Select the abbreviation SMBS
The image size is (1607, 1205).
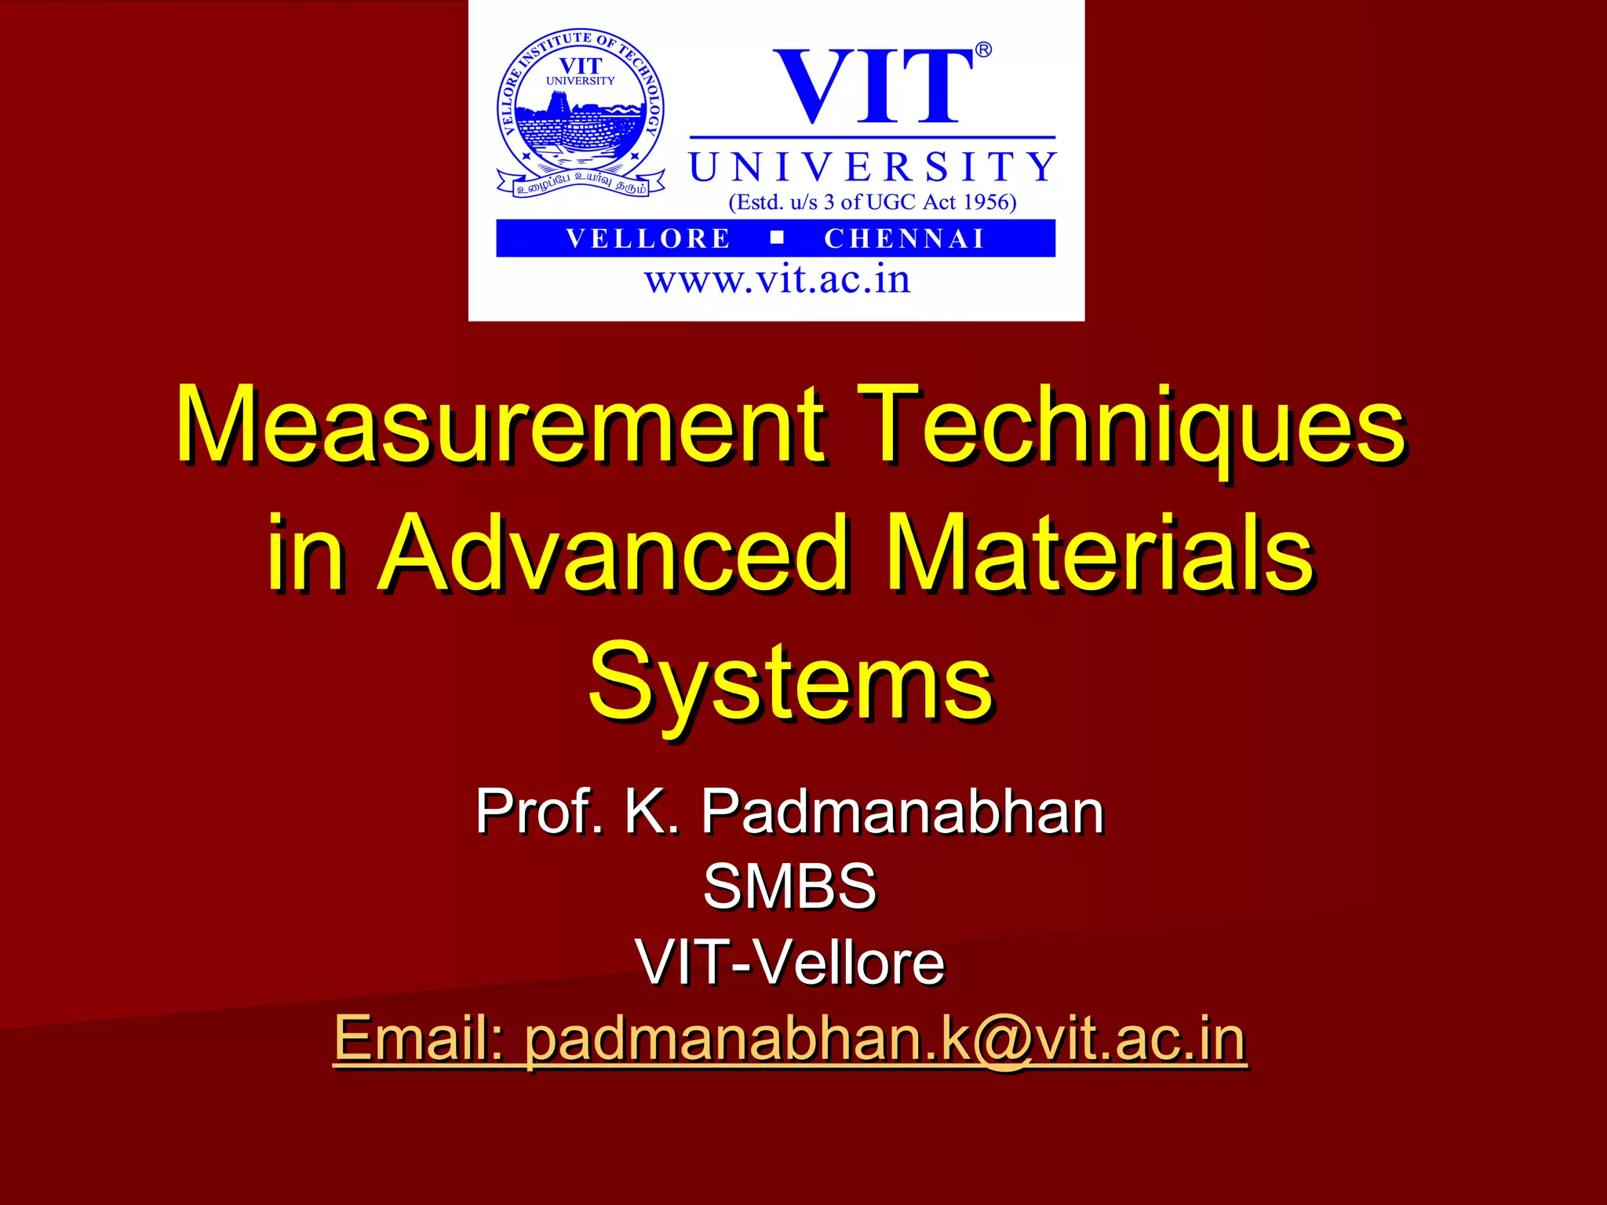(x=789, y=886)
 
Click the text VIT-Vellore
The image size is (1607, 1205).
(x=791, y=962)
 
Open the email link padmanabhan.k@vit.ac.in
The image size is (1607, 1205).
(x=885, y=1039)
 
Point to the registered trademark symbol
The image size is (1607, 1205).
(x=983, y=50)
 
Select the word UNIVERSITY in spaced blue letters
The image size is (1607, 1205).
(x=873, y=167)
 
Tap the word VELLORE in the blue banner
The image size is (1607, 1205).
(x=648, y=238)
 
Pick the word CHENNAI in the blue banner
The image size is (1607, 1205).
(x=904, y=238)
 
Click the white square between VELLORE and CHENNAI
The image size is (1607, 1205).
(x=777, y=238)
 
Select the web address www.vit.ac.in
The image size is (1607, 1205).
(x=777, y=280)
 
